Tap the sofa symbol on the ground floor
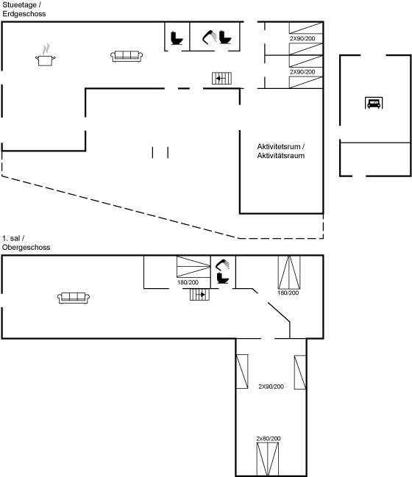[127, 57]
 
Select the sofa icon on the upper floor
[74, 298]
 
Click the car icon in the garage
[374, 103]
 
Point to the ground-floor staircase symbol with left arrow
[221, 78]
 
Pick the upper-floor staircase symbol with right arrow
[199, 295]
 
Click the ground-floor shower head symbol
[210, 37]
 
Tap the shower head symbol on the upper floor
[222, 265]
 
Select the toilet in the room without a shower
[177, 38]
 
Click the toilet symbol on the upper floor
[223, 278]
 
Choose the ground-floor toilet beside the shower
[225, 37]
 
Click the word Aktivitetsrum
[279, 147]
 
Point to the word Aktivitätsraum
[281, 156]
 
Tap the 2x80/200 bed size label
[269, 438]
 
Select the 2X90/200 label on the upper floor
[271, 387]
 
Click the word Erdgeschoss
[24, 14]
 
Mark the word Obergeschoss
[26, 248]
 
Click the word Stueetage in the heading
[19, 5]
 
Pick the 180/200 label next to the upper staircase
[188, 282]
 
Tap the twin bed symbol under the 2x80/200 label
[267, 459]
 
